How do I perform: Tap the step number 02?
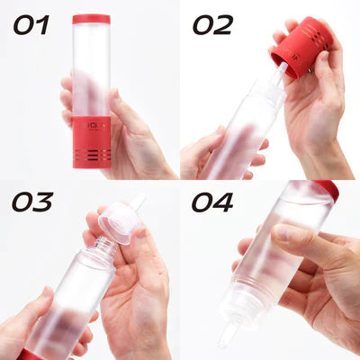212,24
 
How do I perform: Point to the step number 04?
212,202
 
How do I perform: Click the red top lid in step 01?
91,19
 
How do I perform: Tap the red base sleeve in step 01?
92,140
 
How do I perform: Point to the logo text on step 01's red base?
92,127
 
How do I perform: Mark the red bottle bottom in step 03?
31,354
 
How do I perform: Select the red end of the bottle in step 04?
328,190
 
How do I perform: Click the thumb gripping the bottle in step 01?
118,112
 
